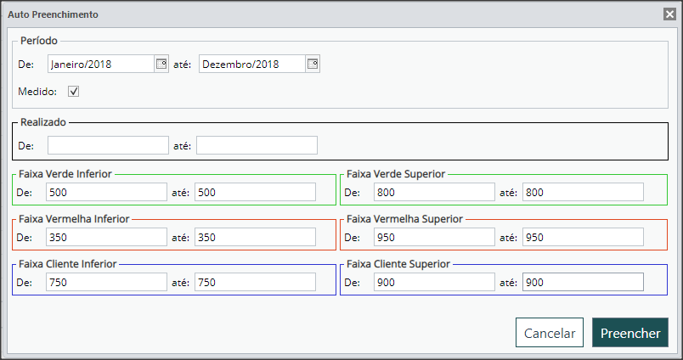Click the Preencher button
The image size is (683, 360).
pos(629,333)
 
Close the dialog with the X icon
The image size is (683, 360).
pos(669,14)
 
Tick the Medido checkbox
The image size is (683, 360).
pos(74,92)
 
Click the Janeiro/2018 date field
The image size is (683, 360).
pos(101,64)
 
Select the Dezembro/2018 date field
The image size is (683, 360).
pos(252,64)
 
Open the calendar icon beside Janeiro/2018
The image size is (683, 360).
pos(161,64)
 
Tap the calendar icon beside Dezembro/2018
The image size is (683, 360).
pos(313,64)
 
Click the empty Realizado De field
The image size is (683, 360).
pos(108,145)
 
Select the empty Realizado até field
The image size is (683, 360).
pos(257,145)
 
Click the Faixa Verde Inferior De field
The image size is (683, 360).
pos(106,192)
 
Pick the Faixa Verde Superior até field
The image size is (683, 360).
pos(583,192)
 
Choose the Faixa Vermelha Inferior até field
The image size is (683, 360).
pos(255,237)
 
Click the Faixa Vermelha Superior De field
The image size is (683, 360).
pos(434,237)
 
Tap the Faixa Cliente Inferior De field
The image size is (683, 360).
pos(106,282)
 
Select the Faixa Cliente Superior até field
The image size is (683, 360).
pos(583,282)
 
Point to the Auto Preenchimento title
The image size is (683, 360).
pos(54,14)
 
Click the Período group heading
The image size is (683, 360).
pos(39,41)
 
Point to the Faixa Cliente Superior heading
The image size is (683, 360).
pos(398,264)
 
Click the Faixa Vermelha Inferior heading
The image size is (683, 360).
pos(74,218)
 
